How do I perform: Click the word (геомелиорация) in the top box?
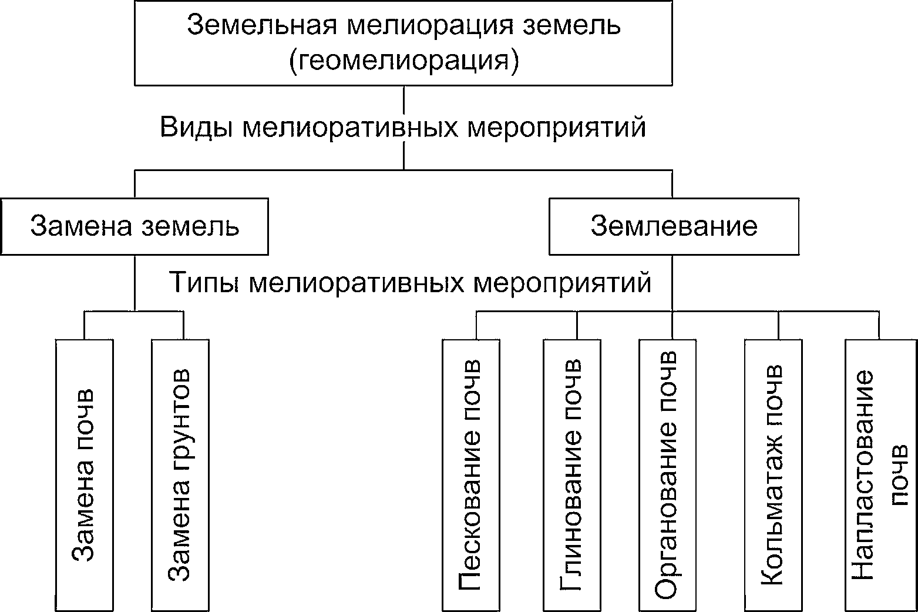click(404, 61)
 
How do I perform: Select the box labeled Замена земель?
click(134, 226)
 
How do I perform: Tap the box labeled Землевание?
click(674, 226)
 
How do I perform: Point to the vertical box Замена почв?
click(84, 475)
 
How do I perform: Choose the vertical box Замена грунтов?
click(180, 475)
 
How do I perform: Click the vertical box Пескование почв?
click(471, 475)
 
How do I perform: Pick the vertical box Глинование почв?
click(572, 475)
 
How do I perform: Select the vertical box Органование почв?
click(667, 475)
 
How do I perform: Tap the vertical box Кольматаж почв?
click(773, 475)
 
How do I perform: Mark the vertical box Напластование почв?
click(879, 475)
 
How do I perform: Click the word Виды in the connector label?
click(196, 127)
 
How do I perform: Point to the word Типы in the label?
click(205, 283)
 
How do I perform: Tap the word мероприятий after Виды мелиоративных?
click(556, 127)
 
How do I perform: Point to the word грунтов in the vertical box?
click(180, 412)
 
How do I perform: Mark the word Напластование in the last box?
click(862, 475)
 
